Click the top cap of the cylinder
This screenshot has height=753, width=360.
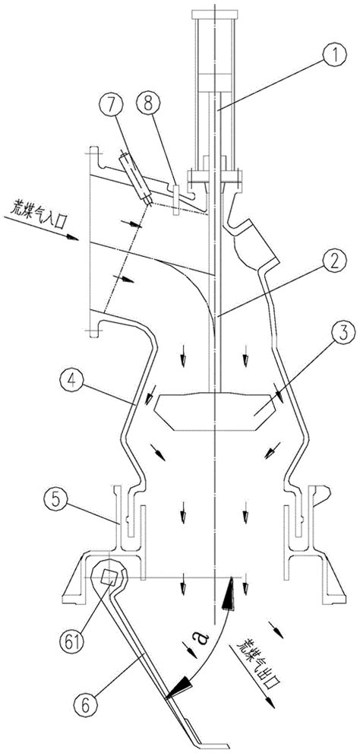(x=215, y=14)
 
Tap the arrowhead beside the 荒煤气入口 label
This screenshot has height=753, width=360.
(x=72, y=237)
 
